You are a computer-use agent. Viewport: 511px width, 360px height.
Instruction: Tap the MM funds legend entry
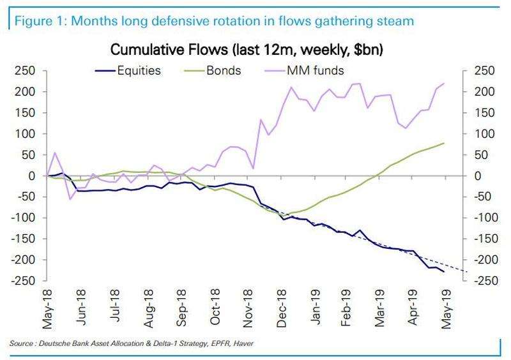coord(306,70)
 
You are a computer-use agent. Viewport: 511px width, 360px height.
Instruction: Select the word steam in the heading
coord(396,21)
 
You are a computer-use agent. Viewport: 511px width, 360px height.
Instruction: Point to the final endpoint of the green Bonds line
coord(445,143)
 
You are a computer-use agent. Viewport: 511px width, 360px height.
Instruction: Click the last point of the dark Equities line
coord(445,272)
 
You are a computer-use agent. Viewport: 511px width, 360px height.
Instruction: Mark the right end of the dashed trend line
coord(467,273)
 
